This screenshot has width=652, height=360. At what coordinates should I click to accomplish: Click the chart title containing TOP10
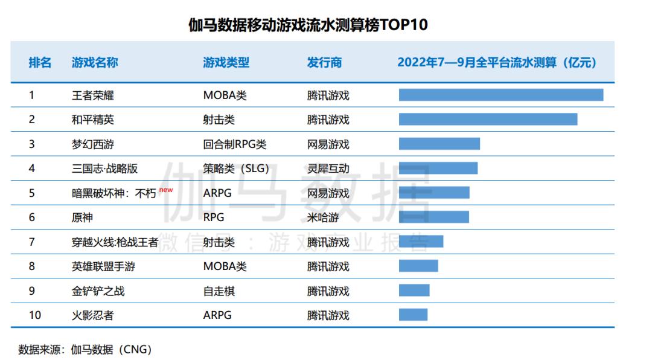(308, 25)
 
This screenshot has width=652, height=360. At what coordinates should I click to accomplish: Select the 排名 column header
(40, 63)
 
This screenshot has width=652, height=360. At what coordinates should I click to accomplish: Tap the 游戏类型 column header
(226, 63)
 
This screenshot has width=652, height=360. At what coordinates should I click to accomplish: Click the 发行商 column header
(324, 63)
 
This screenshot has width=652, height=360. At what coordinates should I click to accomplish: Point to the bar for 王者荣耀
(500, 95)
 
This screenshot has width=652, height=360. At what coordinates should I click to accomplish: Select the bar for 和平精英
(488, 120)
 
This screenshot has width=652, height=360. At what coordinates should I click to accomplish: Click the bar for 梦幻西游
(439, 144)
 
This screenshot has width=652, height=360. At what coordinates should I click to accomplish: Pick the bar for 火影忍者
(413, 315)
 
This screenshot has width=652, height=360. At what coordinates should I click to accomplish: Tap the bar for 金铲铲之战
(414, 291)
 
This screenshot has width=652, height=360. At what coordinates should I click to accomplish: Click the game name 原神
(82, 217)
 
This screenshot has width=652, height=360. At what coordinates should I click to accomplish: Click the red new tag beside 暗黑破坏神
(166, 190)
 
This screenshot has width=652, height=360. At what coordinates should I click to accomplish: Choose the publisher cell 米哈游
(323, 217)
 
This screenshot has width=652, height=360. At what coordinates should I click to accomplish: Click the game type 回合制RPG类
(234, 144)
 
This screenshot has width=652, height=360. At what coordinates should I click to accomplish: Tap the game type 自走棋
(219, 291)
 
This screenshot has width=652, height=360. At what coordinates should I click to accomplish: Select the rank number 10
(34, 315)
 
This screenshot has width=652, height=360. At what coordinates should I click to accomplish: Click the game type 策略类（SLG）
(236, 169)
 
